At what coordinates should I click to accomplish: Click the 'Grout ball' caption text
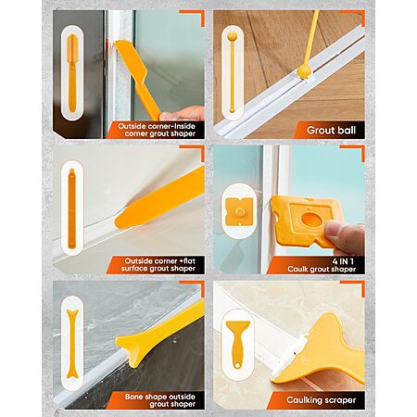331,130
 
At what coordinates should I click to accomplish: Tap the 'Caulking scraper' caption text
321,400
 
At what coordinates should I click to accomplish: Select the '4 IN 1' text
343,261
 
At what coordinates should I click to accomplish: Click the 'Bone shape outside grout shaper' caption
160,400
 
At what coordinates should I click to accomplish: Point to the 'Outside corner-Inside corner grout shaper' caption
157,130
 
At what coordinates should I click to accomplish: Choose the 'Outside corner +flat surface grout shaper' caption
158,265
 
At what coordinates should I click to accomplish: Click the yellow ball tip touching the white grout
303,72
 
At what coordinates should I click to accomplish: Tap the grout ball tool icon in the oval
232,73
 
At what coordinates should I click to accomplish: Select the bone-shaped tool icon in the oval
71,344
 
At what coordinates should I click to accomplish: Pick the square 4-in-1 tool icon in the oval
239,211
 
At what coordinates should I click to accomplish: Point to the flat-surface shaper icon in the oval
71,208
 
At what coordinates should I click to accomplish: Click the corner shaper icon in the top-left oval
71,73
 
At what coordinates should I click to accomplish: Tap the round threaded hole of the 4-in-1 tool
310,220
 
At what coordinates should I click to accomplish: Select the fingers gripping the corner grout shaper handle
183,113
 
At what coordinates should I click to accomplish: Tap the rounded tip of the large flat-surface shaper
122,218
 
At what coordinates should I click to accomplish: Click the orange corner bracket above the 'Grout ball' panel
354,17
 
